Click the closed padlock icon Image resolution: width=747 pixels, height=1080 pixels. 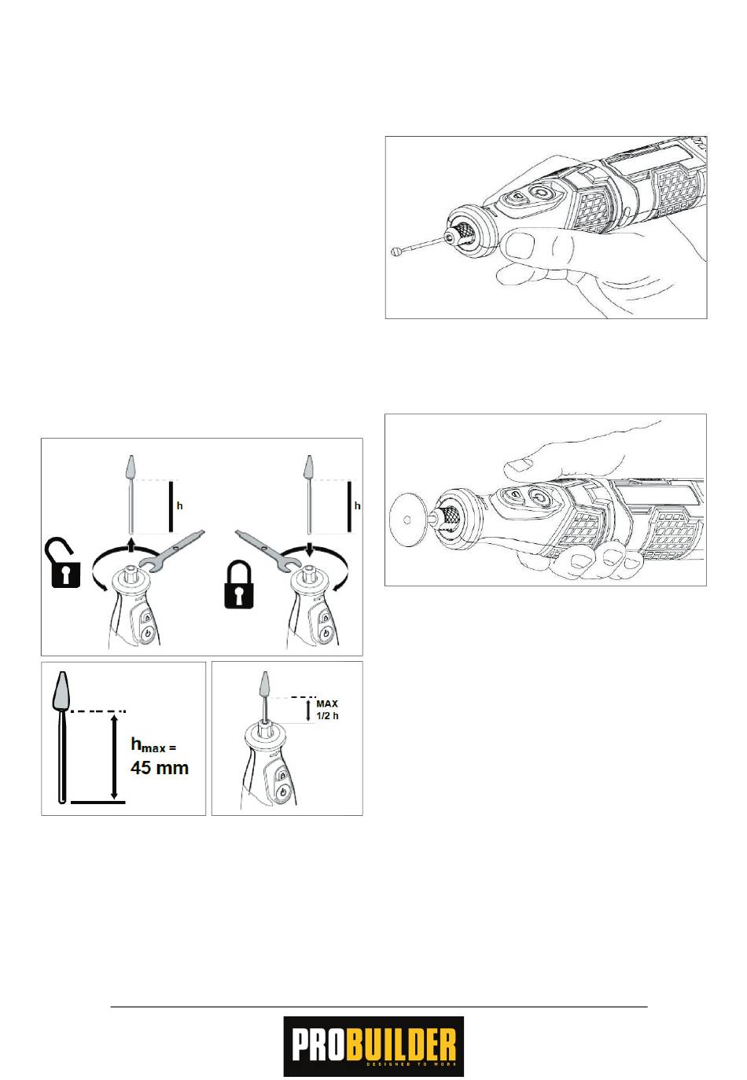[238, 584]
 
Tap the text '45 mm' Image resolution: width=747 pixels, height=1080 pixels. [159, 768]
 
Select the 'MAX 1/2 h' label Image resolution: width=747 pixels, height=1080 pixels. [327, 710]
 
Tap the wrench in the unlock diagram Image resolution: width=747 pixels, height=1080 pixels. [172, 549]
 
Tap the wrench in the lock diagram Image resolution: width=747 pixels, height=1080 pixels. [263, 549]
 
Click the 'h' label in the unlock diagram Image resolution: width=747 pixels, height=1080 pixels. [180, 505]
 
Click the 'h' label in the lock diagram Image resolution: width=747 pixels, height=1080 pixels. [357, 505]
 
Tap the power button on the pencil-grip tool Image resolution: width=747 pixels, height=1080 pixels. [539, 193]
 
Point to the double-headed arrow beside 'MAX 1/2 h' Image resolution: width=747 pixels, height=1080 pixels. [309, 711]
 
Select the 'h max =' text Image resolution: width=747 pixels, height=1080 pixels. [153, 745]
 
